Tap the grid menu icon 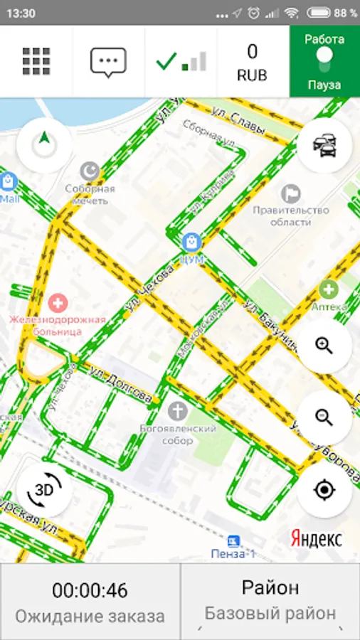point(36,61)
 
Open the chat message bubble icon point(108,62)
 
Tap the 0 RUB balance point(253,61)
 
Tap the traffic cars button point(324,145)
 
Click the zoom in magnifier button point(324,346)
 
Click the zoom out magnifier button point(324,417)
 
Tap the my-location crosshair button point(324,490)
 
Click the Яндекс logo point(316,538)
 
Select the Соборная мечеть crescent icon point(90,171)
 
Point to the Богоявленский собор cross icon point(177,410)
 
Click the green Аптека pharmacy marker point(328,289)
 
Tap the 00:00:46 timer point(90,590)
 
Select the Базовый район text point(270,613)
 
